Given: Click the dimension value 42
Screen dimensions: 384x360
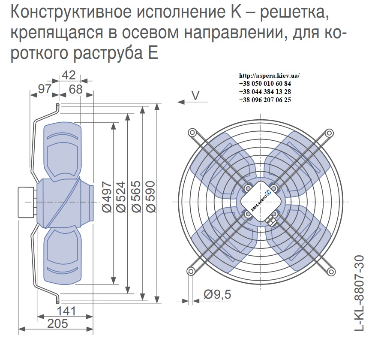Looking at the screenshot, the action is tap(69, 75).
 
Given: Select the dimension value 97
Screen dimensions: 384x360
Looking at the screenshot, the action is tap(45, 89).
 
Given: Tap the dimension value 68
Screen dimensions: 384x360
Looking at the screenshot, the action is tap(76, 89).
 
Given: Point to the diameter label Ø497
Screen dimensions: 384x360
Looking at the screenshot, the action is tap(107, 197).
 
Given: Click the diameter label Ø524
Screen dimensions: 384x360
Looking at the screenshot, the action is tap(121, 197).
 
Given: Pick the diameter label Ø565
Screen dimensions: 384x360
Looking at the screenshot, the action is tap(136, 197).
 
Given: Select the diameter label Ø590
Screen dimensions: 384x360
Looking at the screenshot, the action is tap(151, 197).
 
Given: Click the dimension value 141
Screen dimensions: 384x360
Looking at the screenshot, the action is tap(66, 311).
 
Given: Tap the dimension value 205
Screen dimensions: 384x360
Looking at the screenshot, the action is tap(57, 324).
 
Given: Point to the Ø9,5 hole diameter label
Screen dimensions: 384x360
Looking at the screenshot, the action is tap(217, 294).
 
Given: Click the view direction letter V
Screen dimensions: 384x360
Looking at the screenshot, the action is tap(195, 96).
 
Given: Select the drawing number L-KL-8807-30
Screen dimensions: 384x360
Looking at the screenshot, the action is tap(360, 293).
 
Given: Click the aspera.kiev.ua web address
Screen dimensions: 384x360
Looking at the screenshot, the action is tap(269, 76).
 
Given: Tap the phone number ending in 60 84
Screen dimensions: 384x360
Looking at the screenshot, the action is tap(265, 84).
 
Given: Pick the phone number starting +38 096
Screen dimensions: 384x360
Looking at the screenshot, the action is tap(265, 100).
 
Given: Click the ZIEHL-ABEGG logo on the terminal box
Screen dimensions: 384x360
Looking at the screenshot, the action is tap(261, 201).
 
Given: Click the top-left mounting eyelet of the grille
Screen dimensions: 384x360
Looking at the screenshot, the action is tap(192, 133).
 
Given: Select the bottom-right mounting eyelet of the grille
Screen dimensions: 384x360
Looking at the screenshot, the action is tap(331, 272).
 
